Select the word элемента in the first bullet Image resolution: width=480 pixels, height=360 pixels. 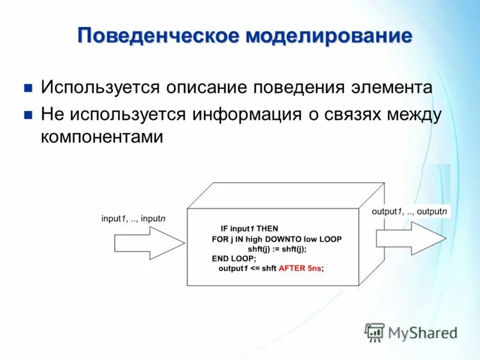pos(390,88)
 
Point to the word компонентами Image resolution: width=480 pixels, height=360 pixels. pos(102,137)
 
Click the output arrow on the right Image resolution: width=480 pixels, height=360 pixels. pos(411,238)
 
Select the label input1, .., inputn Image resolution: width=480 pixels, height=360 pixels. pos(133,219)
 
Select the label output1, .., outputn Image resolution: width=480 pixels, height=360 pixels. pos(409,212)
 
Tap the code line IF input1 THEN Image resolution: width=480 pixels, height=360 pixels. pos(249,229)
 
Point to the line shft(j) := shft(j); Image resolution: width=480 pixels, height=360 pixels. pos(277,248)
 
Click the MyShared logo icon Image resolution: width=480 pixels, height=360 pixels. pos(374,331)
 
